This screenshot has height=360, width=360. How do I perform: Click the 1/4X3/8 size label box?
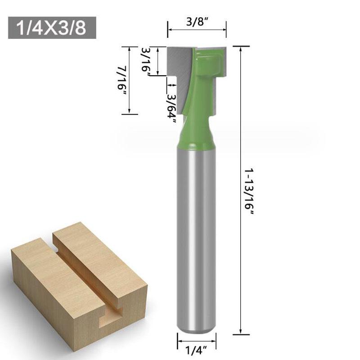click(x=52, y=28)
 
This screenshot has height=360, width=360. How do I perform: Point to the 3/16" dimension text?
click(x=146, y=62)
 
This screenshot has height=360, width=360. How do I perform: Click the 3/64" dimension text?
click(x=171, y=102)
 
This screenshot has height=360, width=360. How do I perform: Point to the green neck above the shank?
click(x=196, y=135)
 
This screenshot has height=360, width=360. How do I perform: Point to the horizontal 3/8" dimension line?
click(x=197, y=30)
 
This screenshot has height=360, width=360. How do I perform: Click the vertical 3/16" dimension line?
click(x=158, y=61)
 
